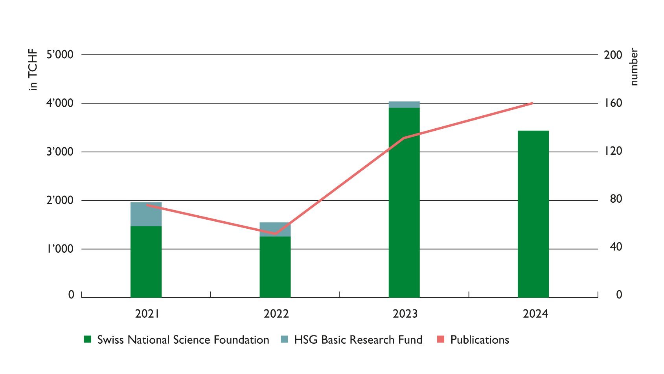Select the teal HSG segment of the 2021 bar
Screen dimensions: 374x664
(x=146, y=214)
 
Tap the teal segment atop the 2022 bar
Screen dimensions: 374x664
(x=275, y=228)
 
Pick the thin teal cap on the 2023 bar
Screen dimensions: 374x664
(x=404, y=105)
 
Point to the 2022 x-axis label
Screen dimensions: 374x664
(x=276, y=314)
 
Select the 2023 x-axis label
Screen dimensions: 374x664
(x=405, y=314)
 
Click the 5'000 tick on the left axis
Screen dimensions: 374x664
(x=60, y=55)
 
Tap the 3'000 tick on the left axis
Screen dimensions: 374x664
(x=60, y=152)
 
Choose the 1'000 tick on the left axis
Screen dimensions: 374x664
(x=60, y=249)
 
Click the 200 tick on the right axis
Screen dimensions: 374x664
(x=613, y=55)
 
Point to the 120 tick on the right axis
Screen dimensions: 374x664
(x=613, y=151)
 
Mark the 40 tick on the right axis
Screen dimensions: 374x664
(x=616, y=247)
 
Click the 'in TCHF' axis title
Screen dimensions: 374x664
(x=33, y=70)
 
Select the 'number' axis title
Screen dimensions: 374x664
(x=633, y=67)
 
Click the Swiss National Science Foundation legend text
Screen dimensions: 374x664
(x=183, y=340)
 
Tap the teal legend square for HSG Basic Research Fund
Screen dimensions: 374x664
(x=285, y=339)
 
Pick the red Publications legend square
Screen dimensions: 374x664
(x=441, y=339)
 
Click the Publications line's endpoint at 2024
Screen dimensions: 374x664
(x=532, y=103)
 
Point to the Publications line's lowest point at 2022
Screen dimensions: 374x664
(x=275, y=234)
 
